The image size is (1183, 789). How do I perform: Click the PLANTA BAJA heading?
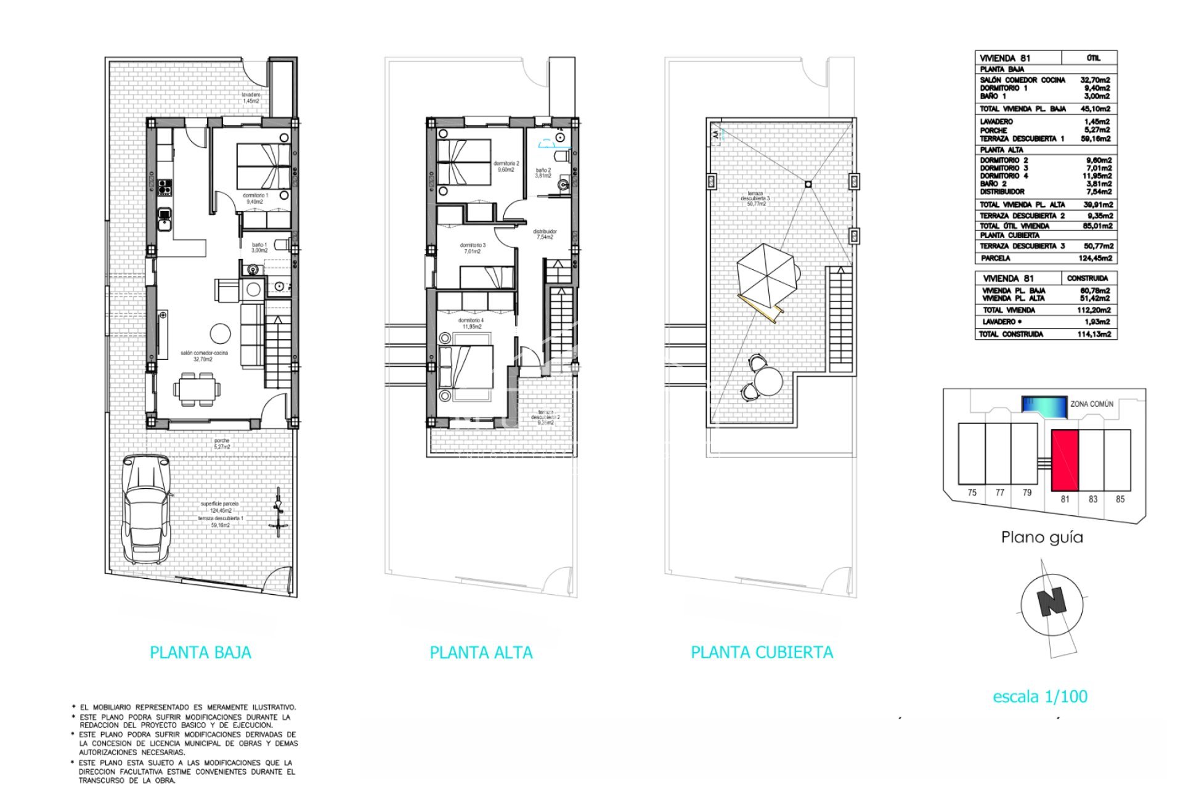tap(200, 653)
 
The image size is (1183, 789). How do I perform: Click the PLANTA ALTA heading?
tap(481, 653)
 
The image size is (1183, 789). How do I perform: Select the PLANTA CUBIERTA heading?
tap(762, 652)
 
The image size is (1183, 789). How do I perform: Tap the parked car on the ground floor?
tap(145, 509)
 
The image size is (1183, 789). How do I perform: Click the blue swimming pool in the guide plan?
tap(1044, 406)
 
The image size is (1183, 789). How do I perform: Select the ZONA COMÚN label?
tap(1092, 404)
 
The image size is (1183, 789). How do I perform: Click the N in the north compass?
tap(1051, 602)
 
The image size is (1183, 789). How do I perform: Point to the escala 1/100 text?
tap(1040, 697)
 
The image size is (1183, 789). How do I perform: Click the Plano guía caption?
tap(1042, 538)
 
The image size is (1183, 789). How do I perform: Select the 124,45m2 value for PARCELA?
tap(1096, 258)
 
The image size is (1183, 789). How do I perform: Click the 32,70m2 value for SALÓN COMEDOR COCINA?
tap(1095, 80)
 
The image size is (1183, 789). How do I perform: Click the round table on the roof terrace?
tap(768, 380)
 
